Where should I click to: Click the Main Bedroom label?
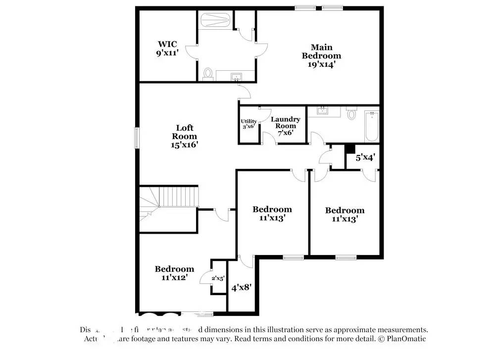[x=322, y=55]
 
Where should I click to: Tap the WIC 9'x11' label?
[x=167, y=48]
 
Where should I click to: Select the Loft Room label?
[x=185, y=136]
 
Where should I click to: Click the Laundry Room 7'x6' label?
[x=285, y=126]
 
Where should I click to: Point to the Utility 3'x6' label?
[x=248, y=124]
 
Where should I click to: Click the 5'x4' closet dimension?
[x=365, y=158]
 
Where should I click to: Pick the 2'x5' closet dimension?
[x=218, y=278]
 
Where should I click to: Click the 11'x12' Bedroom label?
[x=174, y=273]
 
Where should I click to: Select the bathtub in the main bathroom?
[x=215, y=21]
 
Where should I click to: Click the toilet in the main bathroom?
[x=207, y=74]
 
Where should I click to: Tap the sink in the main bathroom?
[x=236, y=76]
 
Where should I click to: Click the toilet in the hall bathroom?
[x=351, y=114]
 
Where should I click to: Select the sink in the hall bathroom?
[x=323, y=110]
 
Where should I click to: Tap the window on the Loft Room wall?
[x=137, y=137]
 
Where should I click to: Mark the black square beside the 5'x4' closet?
[x=350, y=148]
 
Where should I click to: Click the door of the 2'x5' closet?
[x=205, y=279]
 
